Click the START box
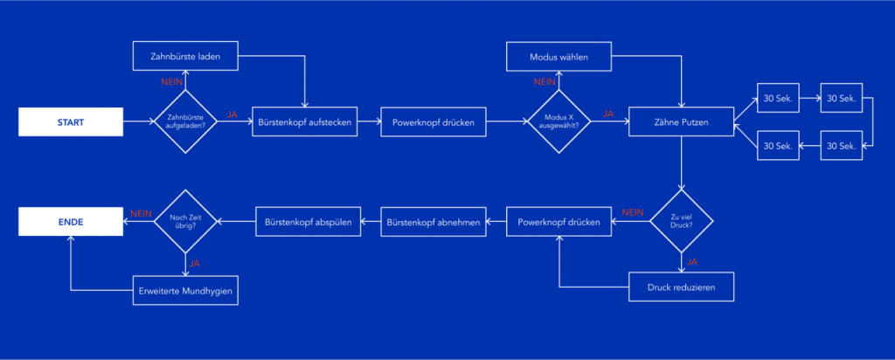point(71,122)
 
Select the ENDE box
point(71,223)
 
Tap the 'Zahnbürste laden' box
point(185,58)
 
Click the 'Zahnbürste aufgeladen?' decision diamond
point(185,122)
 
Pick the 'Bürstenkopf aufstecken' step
point(305,122)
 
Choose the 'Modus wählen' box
point(559,58)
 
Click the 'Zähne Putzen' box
point(681,122)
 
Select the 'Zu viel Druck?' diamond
point(681,223)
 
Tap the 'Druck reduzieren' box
point(681,286)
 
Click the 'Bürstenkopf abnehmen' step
point(433,223)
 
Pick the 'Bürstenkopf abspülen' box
point(308,223)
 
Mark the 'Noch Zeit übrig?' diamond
point(185,223)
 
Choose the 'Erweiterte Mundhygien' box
point(185,290)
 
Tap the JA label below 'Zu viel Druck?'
point(691,260)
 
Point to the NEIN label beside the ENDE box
point(141,213)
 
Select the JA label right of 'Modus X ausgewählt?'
point(608,114)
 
